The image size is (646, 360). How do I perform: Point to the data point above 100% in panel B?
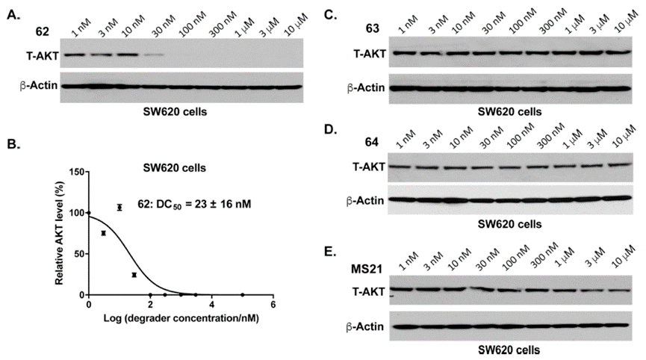point(119,207)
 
